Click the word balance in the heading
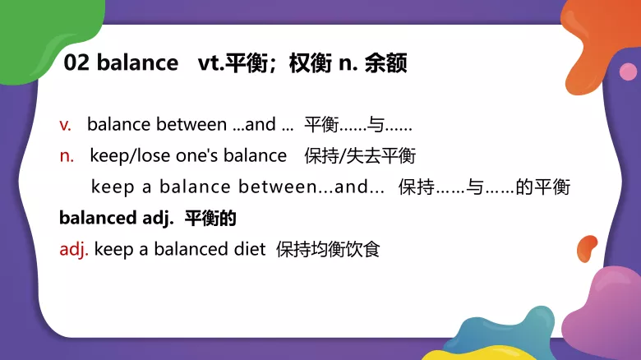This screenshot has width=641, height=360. click(136, 62)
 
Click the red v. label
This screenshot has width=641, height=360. click(66, 125)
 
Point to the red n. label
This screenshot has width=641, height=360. click(67, 155)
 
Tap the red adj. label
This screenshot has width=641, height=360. click(74, 249)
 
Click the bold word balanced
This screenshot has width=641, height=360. click(93, 219)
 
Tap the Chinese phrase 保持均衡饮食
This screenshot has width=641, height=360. click(328, 249)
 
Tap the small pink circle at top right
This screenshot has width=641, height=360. click(628, 72)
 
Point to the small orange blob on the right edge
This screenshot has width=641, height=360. click(587, 247)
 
